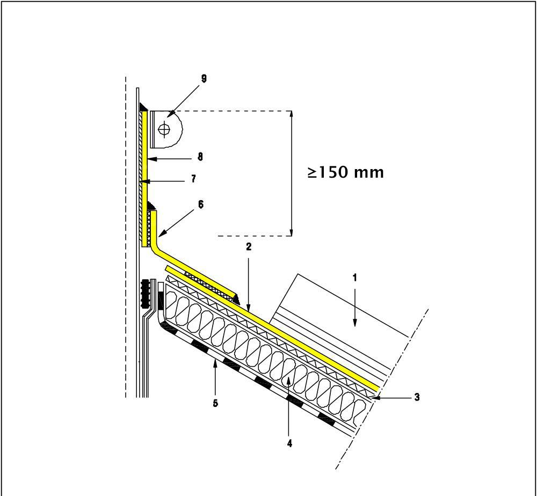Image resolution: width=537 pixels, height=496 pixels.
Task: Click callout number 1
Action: coord(354,278)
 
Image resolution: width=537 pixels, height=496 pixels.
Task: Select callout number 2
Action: coord(249,247)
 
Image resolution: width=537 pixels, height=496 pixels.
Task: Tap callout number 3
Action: coord(417,397)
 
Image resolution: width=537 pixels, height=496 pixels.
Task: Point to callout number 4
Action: coord(289,443)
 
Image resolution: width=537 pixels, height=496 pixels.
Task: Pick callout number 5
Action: coord(215,404)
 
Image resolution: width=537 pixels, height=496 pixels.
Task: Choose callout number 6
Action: coord(200,204)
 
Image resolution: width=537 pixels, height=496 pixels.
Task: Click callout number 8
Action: coord(200,157)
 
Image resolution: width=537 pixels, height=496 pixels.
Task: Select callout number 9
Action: coord(204,78)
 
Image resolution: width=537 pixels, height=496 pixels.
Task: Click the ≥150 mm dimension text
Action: coord(346,172)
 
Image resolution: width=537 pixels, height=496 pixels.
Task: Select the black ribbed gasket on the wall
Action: coord(145,294)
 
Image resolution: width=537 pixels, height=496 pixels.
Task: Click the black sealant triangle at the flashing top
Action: coord(143,107)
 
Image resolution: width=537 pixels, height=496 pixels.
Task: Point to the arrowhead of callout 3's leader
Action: coord(377,397)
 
